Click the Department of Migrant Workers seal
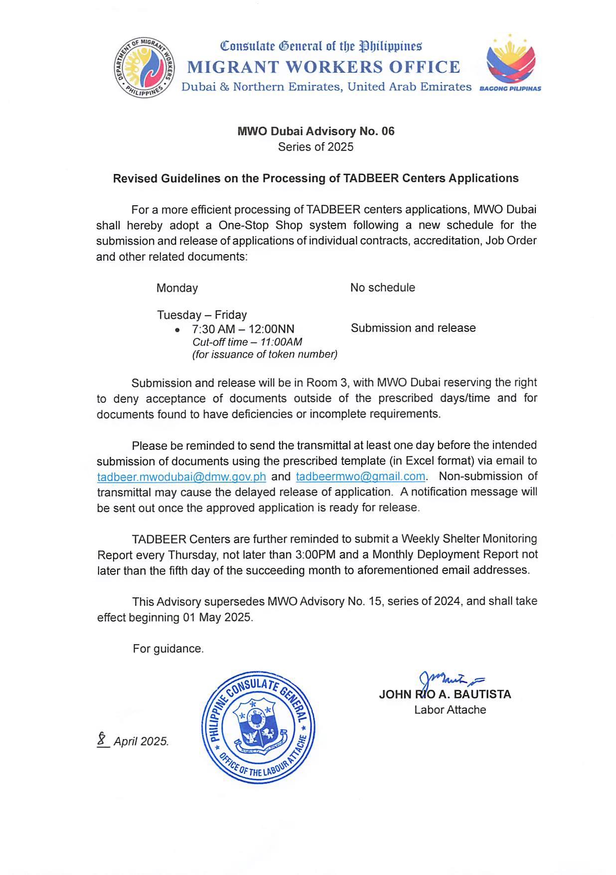click(x=144, y=67)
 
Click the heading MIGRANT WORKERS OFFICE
click(x=323, y=67)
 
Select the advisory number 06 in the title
click(x=387, y=131)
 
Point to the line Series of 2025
click(x=315, y=147)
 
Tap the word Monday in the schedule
click(x=177, y=288)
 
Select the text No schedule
click(x=382, y=288)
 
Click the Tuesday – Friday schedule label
click(x=202, y=315)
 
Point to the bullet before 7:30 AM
click(x=177, y=330)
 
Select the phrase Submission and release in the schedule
click(x=413, y=328)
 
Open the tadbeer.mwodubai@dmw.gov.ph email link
click(x=181, y=477)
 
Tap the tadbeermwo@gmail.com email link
click(x=360, y=476)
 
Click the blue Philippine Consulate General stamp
click(x=258, y=727)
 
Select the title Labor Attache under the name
click(x=450, y=710)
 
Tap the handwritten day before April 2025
click(x=103, y=738)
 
